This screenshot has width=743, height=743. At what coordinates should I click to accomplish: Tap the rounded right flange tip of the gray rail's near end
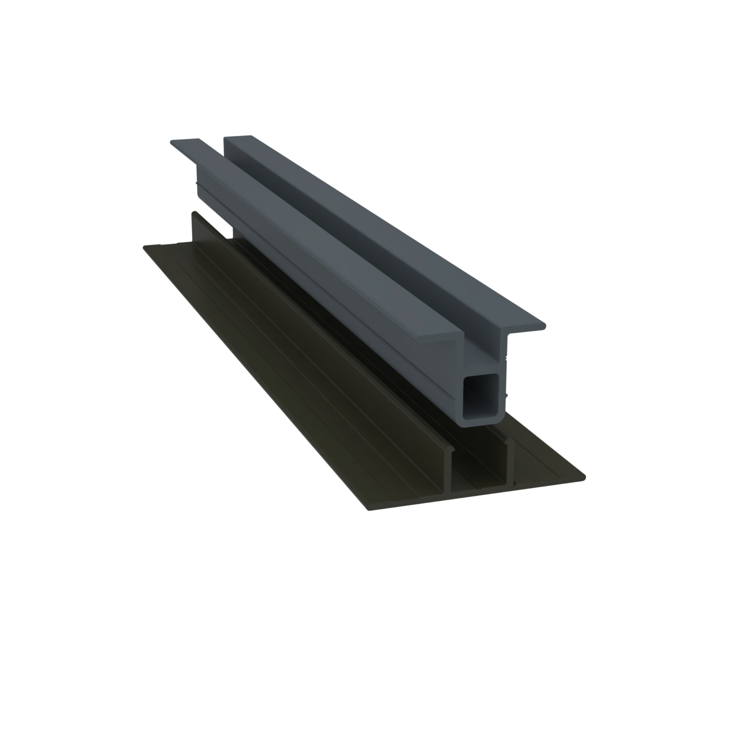[x=544, y=327]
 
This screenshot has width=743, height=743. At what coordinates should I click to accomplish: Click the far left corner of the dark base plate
[x=144, y=247]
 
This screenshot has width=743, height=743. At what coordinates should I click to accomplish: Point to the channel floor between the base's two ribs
[x=479, y=479]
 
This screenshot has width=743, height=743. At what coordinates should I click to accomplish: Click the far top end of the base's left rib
[x=194, y=212]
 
